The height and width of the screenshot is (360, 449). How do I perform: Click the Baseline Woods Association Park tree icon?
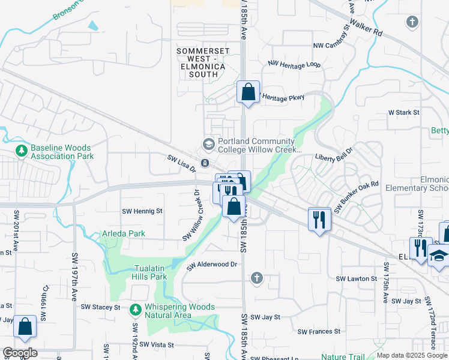(22, 149)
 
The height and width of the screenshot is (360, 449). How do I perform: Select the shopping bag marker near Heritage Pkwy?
(248, 92)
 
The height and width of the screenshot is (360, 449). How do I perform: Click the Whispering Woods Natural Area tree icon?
(135, 309)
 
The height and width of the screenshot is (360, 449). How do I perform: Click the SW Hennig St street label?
(142, 211)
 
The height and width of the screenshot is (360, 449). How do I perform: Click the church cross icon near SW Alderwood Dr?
(256, 277)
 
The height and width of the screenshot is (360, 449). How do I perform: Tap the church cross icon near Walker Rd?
(412, 22)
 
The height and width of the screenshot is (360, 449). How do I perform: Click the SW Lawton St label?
(356, 279)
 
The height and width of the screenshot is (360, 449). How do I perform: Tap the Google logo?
(19, 353)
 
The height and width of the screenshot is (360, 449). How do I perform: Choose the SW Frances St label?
(319, 331)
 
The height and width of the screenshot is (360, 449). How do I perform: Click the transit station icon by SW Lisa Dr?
(205, 163)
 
